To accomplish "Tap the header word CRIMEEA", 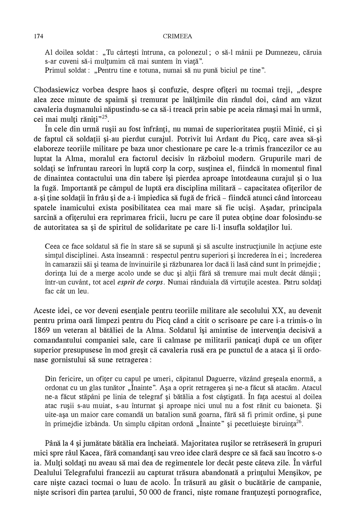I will pos(178,36).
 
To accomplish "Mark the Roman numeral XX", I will pos(278,311).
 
